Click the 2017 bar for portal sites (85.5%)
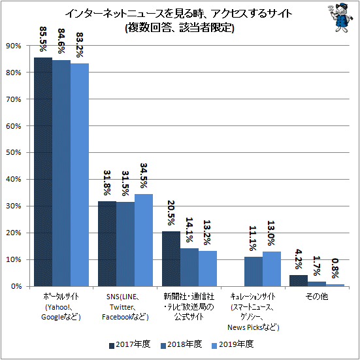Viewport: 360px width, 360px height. (x=43, y=172)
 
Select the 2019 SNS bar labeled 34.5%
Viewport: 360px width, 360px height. (x=144, y=240)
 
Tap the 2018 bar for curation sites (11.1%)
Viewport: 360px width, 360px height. (x=254, y=272)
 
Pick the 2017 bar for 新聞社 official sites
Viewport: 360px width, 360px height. (x=171, y=259)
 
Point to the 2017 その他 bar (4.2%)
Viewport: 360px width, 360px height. (x=299, y=281)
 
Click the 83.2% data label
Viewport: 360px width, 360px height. (x=80, y=45)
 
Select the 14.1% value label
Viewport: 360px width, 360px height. (x=189, y=230)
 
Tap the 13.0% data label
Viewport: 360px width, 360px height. (x=271, y=233)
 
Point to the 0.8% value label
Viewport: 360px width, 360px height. (x=335, y=268)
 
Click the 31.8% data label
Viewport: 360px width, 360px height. (x=107, y=183)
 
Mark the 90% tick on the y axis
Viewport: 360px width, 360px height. (x=14, y=46)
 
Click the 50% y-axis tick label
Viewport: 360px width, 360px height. (x=14, y=152)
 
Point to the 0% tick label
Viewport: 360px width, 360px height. (x=16, y=286)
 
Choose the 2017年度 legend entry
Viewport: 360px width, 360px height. (x=130, y=344)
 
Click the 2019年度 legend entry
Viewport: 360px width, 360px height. (x=233, y=344)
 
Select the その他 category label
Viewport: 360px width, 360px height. (x=317, y=297)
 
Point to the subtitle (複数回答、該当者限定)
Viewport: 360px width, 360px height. (x=180, y=28)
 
